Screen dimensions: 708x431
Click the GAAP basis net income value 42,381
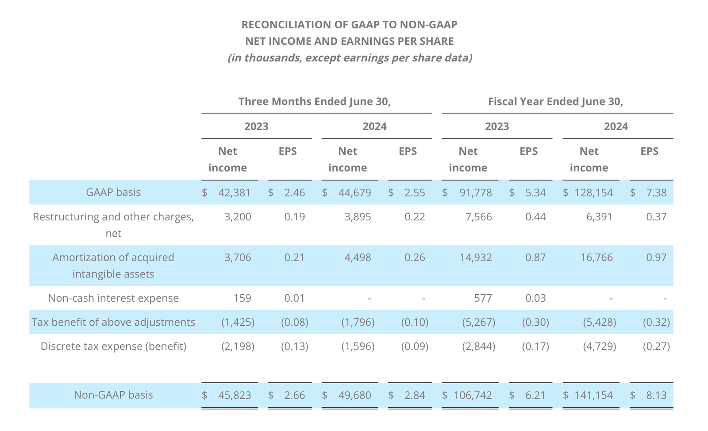[234, 192]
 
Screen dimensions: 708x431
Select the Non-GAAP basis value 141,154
[593, 395]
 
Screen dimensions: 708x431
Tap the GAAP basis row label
[113, 192]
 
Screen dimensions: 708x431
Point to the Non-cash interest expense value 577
[483, 298]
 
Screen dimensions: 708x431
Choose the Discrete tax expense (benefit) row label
[113, 346]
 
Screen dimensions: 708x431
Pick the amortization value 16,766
[596, 257]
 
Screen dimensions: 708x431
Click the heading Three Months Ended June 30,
[315, 101]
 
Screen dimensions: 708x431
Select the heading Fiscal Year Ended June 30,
[556, 101]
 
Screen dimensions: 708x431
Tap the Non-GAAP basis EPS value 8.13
[657, 395]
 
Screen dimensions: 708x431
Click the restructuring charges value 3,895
[358, 217]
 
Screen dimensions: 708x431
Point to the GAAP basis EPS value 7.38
[657, 192]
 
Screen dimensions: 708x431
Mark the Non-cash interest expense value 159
[242, 298]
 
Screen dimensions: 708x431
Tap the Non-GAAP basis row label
[113, 395]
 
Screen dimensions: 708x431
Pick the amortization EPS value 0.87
[535, 257]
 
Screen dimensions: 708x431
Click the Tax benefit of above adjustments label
[113, 322]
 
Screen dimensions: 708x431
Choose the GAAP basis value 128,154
[593, 192]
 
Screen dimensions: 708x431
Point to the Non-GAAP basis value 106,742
[473, 395]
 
